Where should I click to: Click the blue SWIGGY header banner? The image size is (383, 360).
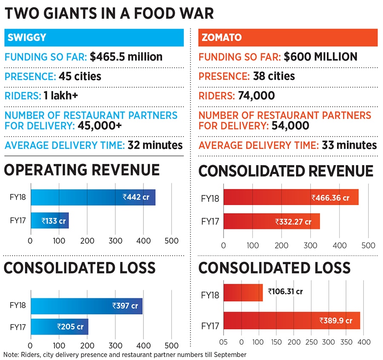[94, 38]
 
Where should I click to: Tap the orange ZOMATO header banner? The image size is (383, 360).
[288, 38]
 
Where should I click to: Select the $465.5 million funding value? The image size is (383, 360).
[126, 57]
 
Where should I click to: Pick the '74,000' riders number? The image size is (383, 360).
[252, 96]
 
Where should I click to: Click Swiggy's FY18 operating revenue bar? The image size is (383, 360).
[93, 197]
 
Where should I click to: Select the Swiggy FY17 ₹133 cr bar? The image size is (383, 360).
[49, 220]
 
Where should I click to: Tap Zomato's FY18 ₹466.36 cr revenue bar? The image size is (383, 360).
[291, 197]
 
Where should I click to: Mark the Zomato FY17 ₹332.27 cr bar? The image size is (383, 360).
[272, 221]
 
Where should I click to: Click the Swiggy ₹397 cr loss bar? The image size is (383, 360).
[86, 306]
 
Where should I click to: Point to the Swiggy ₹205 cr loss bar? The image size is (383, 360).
[59, 327]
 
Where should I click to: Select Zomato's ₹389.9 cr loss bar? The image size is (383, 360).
[292, 320]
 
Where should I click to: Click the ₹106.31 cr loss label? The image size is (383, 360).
[288, 291]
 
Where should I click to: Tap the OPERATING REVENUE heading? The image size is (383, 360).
[82, 170]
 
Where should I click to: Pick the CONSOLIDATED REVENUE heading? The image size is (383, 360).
[286, 171]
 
